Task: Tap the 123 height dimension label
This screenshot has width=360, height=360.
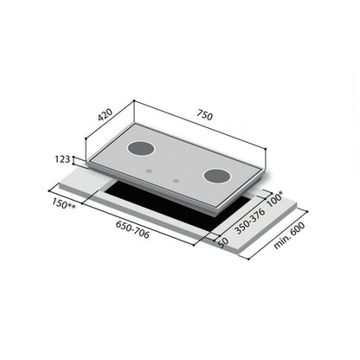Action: [61, 160]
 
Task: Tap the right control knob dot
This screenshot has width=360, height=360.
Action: [176, 181]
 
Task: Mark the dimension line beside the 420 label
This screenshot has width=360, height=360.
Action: [112, 130]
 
